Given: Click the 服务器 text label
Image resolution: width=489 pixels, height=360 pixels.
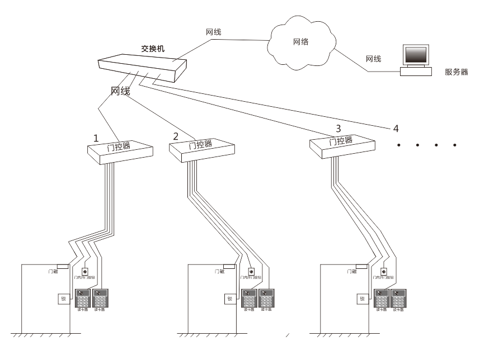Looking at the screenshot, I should [x=456, y=72].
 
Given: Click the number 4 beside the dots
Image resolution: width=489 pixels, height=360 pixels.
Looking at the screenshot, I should [x=396, y=129].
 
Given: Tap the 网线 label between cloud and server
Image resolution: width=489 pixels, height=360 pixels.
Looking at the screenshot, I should [x=373, y=58].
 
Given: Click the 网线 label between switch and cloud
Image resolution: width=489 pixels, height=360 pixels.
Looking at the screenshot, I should [x=213, y=32].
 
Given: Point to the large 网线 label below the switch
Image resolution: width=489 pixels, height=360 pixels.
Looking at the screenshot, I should [x=120, y=91].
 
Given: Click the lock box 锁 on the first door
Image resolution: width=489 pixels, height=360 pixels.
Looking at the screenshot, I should [x=63, y=299].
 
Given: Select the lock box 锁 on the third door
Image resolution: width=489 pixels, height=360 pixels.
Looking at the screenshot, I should [x=361, y=299].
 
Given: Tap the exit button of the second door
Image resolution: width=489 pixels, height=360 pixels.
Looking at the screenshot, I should [x=251, y=272].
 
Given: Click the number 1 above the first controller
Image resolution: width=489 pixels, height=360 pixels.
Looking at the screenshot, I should [x=96, y=138].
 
